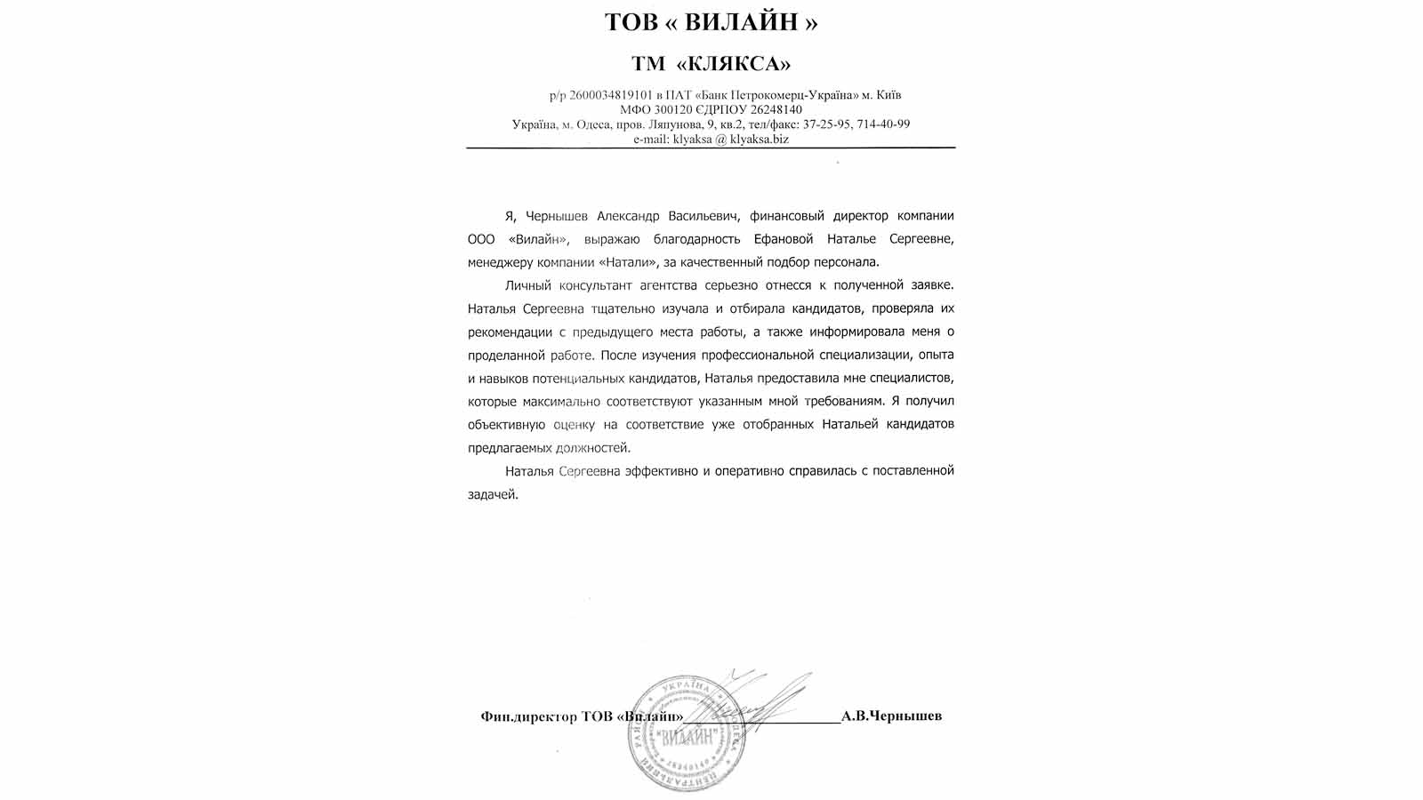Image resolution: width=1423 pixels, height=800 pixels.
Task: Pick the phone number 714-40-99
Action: point(881,124)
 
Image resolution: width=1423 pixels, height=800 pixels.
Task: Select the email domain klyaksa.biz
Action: point(760,140)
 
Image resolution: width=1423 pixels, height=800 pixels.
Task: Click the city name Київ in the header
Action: point(889,95)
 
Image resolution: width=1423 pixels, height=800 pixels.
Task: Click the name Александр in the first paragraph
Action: point(628,216)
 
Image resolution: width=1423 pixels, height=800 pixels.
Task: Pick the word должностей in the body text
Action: point(591,448)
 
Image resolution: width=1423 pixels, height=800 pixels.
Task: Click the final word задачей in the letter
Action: point(492,494)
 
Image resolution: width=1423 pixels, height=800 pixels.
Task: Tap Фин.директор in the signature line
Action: point(528,716)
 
